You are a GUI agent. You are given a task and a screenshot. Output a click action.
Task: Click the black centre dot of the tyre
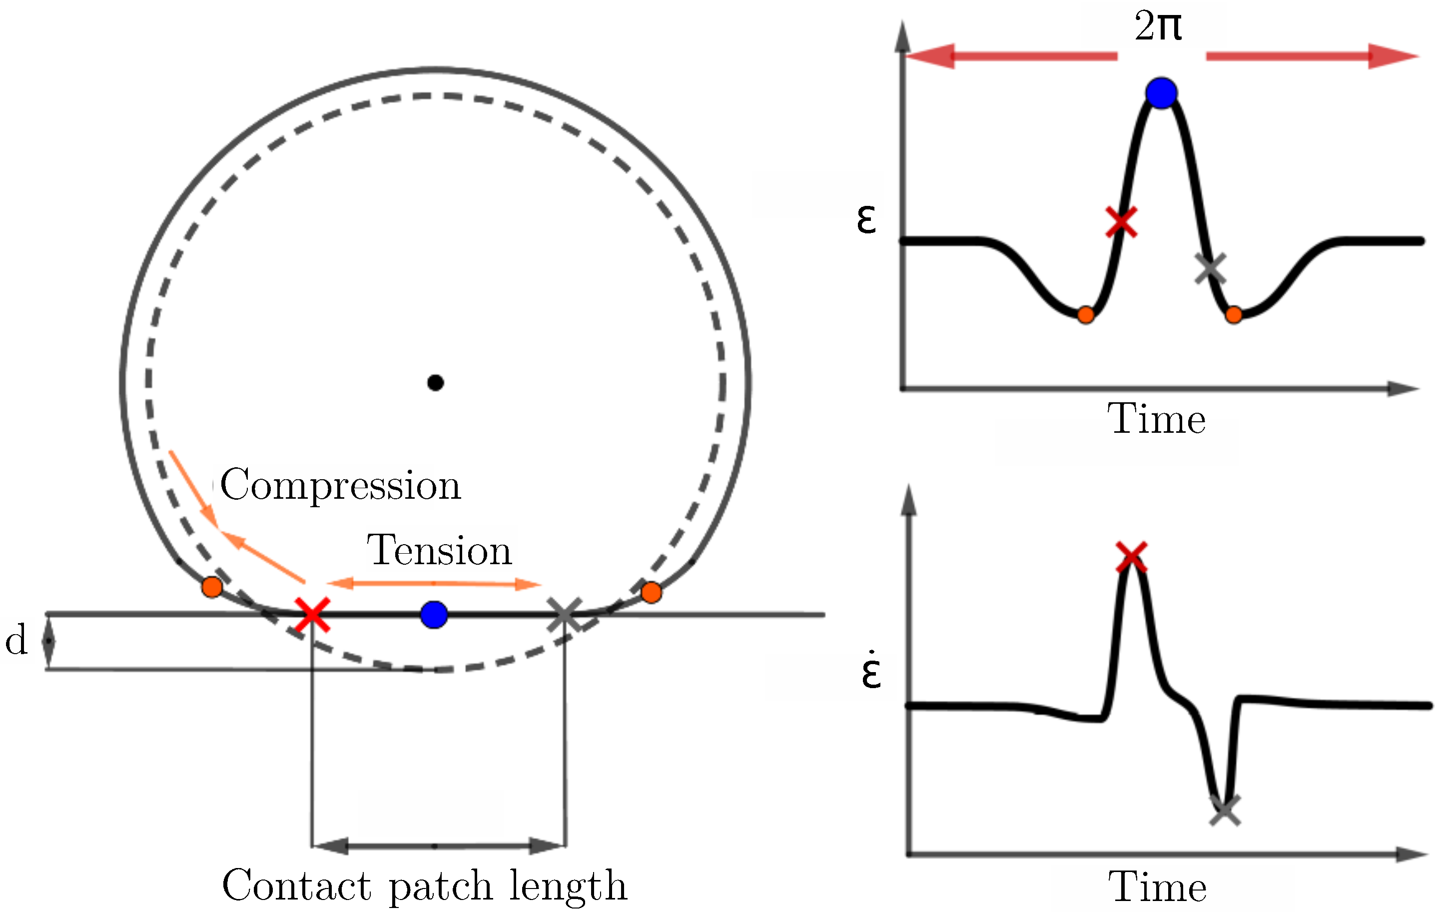click(435, 382)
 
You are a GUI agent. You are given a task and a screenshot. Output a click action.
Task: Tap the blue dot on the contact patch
click(434, 614)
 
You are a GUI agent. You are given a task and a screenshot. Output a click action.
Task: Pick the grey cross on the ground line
click(565, 614)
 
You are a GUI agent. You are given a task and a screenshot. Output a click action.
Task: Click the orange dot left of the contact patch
click(212, 587)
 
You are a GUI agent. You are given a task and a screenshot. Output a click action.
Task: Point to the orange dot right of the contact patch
click(651, 592)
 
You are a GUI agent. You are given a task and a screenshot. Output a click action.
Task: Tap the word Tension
click(439, 550)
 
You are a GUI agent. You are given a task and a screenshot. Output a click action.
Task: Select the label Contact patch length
click(424, 886)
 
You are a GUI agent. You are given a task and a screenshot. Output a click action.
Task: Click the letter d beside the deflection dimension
click(17, 640)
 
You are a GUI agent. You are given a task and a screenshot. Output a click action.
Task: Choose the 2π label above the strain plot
click(1158, 27)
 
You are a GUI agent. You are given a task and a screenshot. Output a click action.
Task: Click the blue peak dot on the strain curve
click(1161, 93)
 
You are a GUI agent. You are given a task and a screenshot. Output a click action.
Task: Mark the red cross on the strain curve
click(1120, 222)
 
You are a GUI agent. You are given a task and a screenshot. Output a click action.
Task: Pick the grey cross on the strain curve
click(1210, 268)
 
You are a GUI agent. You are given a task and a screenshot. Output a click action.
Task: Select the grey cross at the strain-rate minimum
click(1224, 811)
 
